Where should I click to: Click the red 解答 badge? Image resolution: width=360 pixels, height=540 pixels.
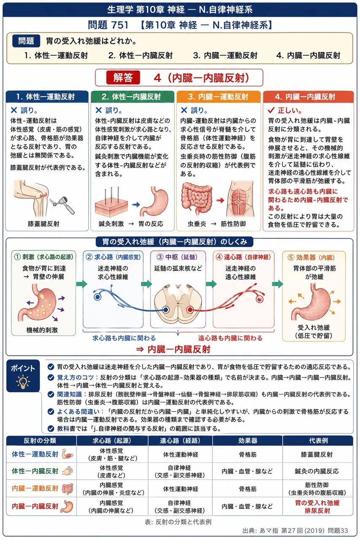pos(123,78)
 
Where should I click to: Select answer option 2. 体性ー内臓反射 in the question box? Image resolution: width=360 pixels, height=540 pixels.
pos(141,55)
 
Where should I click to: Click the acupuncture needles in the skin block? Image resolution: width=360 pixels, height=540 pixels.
pos(111,195)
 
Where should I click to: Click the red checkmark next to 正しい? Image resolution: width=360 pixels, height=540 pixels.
pos(271,111)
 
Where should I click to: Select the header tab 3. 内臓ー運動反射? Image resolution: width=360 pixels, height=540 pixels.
pos(218,97)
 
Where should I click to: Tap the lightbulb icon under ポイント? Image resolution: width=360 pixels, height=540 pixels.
pos(23,382)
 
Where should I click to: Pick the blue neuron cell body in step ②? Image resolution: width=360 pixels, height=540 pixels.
pos(97,297)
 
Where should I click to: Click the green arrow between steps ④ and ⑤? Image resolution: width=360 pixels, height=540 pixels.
pos(278,284)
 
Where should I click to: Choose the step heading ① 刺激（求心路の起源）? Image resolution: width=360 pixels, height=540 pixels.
pos(43,257)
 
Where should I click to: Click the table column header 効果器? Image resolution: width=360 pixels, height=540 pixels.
pos(248,441)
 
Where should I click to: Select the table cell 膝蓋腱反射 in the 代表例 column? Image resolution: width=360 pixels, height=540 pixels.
pos(317,454)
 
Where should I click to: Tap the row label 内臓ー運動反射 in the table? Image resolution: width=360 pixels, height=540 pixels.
pos(35,488)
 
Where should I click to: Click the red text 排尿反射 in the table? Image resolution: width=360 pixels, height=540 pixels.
pos(317,510)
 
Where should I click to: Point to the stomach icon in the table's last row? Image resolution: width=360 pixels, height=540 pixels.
pos(67,506)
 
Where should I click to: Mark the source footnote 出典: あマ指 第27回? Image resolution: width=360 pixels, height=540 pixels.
pos(295,531)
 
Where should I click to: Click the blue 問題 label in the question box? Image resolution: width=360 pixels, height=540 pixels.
pos(26,41)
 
